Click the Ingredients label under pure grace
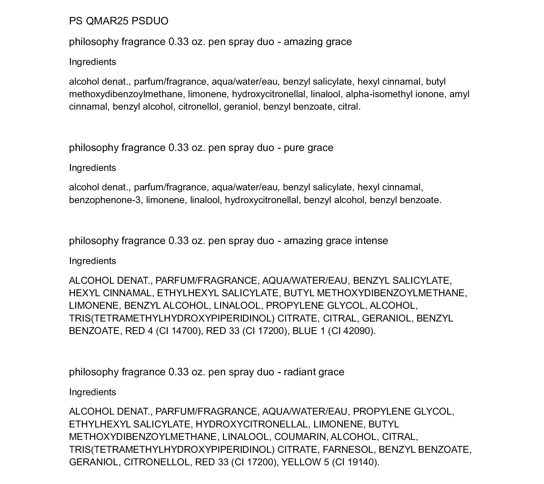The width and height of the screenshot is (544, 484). (92, 168)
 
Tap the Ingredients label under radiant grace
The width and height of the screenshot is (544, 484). (92, 392)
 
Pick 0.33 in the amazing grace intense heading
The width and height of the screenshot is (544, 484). (179, 241)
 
